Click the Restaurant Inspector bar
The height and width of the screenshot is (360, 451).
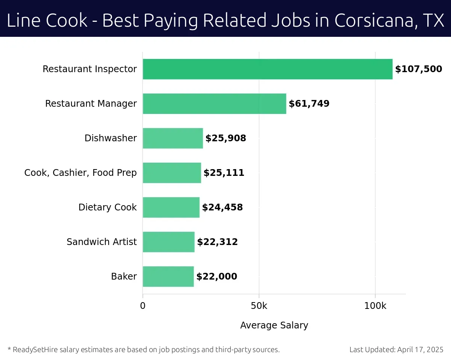[268, 69]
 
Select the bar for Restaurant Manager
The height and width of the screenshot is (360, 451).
[214, 104]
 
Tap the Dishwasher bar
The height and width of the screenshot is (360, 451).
[173, 138]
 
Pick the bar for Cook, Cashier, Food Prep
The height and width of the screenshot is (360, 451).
[172, 173]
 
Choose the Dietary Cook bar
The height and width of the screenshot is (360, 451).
[171, 207]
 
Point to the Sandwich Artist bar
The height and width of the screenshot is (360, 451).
[169, 242]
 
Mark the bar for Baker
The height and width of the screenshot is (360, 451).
[168, 277]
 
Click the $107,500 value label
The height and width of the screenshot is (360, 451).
[418, 69]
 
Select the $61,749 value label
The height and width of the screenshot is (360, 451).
[309, 104]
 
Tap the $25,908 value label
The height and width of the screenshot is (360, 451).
[225, 138]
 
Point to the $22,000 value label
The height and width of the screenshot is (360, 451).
[216, 277]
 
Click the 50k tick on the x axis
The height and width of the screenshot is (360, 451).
[259, 306]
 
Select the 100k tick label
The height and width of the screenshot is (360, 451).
[375, 306]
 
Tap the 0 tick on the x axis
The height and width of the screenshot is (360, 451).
[143, 306]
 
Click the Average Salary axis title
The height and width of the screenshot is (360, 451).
[274, 325]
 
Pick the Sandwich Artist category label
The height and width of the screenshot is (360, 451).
[101, 242]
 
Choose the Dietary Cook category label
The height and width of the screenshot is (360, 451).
[107, 207]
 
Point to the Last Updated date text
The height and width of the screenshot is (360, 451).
[397, 350]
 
